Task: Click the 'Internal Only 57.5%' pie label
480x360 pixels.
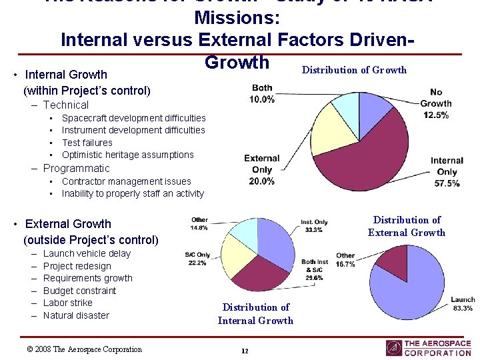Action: [446, 171]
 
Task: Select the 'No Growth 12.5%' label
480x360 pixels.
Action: [435, 103]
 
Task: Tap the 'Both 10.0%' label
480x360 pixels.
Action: [262, 94]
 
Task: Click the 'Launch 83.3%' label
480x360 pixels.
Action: [462, 304]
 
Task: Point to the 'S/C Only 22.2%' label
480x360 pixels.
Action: [197, 259]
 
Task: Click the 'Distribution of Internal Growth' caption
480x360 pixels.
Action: [255, 314]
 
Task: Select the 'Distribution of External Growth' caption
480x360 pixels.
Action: [406, 226]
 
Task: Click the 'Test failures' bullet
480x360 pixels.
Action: [87, 143]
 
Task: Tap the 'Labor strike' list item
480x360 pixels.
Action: [67, 303]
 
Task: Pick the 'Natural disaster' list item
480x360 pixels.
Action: [75, 315]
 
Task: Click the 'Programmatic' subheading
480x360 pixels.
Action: [76, 169]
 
